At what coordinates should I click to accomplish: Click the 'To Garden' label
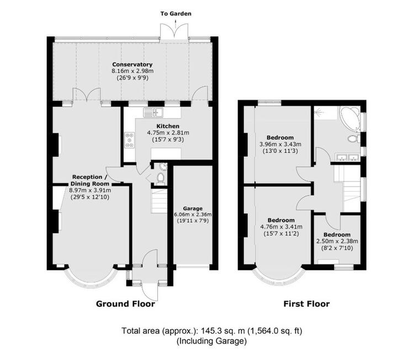click(176, 13)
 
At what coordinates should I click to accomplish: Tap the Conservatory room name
click(132, 65)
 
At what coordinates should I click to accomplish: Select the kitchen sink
click(153, 112)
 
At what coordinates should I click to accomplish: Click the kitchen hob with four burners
click(129, 140)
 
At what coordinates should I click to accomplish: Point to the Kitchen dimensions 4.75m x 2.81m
click(168, 133)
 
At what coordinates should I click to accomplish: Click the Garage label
click(193, 208)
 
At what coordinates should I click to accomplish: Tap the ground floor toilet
click(160, 177)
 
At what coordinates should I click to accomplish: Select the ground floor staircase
click(159, 201)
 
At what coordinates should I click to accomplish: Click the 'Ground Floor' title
click(125, 304)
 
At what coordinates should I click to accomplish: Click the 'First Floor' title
click(306, 304)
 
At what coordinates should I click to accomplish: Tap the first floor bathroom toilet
click(353, 139)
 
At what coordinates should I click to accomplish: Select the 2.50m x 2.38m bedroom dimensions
click(337, 241)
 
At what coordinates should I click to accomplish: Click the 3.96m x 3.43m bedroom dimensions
click(280, 144)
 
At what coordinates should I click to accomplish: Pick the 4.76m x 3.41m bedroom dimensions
click(281, 227)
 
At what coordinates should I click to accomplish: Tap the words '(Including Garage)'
click(211, 341)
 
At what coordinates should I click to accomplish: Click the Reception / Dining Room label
click(90, 180)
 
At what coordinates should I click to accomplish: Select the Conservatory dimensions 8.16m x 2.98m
click(132, 71)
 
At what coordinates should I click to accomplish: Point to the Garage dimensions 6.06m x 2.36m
click(193, 214)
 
